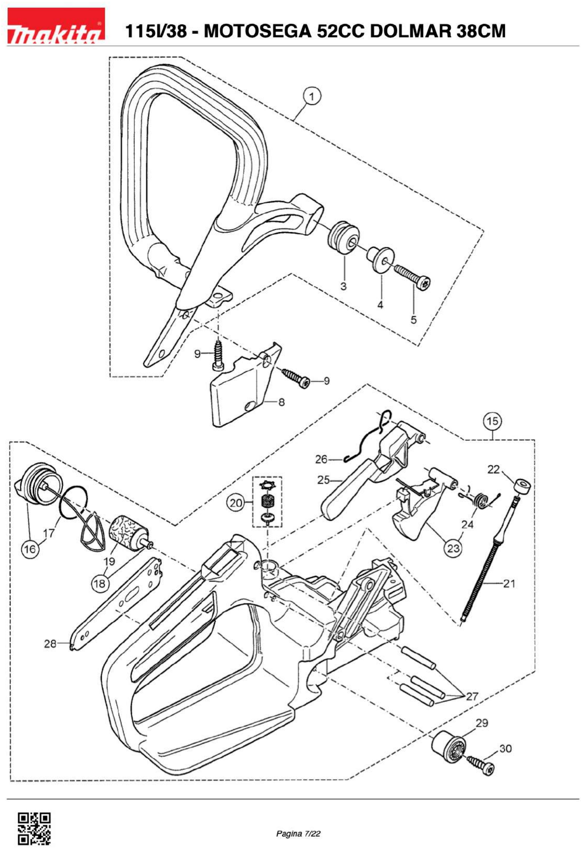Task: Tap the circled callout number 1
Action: tap(312, 97)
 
